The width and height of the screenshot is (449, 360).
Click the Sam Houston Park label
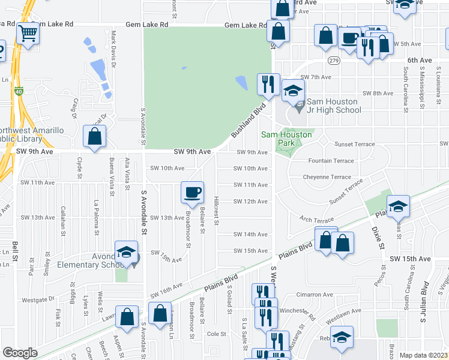[x=286, y=139]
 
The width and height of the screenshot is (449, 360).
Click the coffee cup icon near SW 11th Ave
[x=192, y=192]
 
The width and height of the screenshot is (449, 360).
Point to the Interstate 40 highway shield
[x=19, y=92]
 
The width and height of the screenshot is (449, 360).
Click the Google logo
[x=20, y=353]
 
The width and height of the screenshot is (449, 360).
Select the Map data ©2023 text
[x=424, y=355]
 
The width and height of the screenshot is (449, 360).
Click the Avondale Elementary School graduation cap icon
[x=127, y=252]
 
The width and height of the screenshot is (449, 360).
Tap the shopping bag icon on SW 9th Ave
[x=95, y=137]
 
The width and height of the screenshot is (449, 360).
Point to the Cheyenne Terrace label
[x=330, y=177]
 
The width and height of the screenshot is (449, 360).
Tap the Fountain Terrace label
[x=331, y=161]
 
